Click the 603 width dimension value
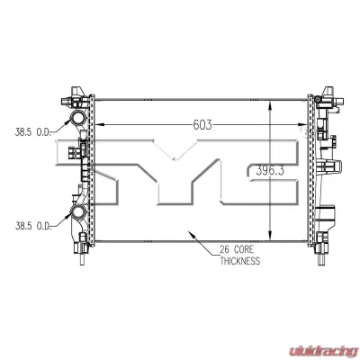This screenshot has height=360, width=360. tap(201, 124)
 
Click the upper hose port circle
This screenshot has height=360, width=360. tap(77, 121)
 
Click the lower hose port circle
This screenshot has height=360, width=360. tap(77, 213)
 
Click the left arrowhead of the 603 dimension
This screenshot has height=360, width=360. tap(100, 124)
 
